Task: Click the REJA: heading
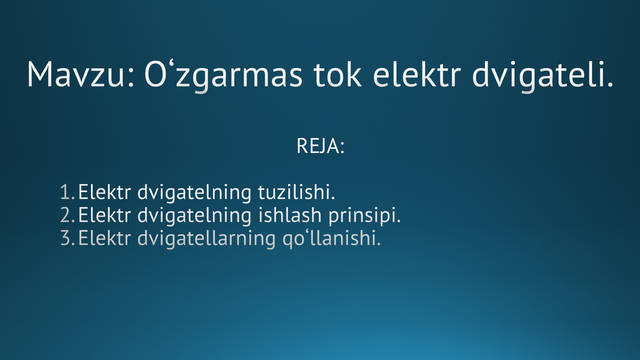click(x=320, y=146)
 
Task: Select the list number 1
click(x=67, y=192)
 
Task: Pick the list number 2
click(x=67, y=215)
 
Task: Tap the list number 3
click(x=67, y=238)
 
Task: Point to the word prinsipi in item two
click(x=364, y=216)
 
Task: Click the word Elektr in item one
click(x=104, y=192)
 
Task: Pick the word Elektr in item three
click(x=104, y=238)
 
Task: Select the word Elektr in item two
click(x=104, y=215)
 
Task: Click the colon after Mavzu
click(x=130, y=79)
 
